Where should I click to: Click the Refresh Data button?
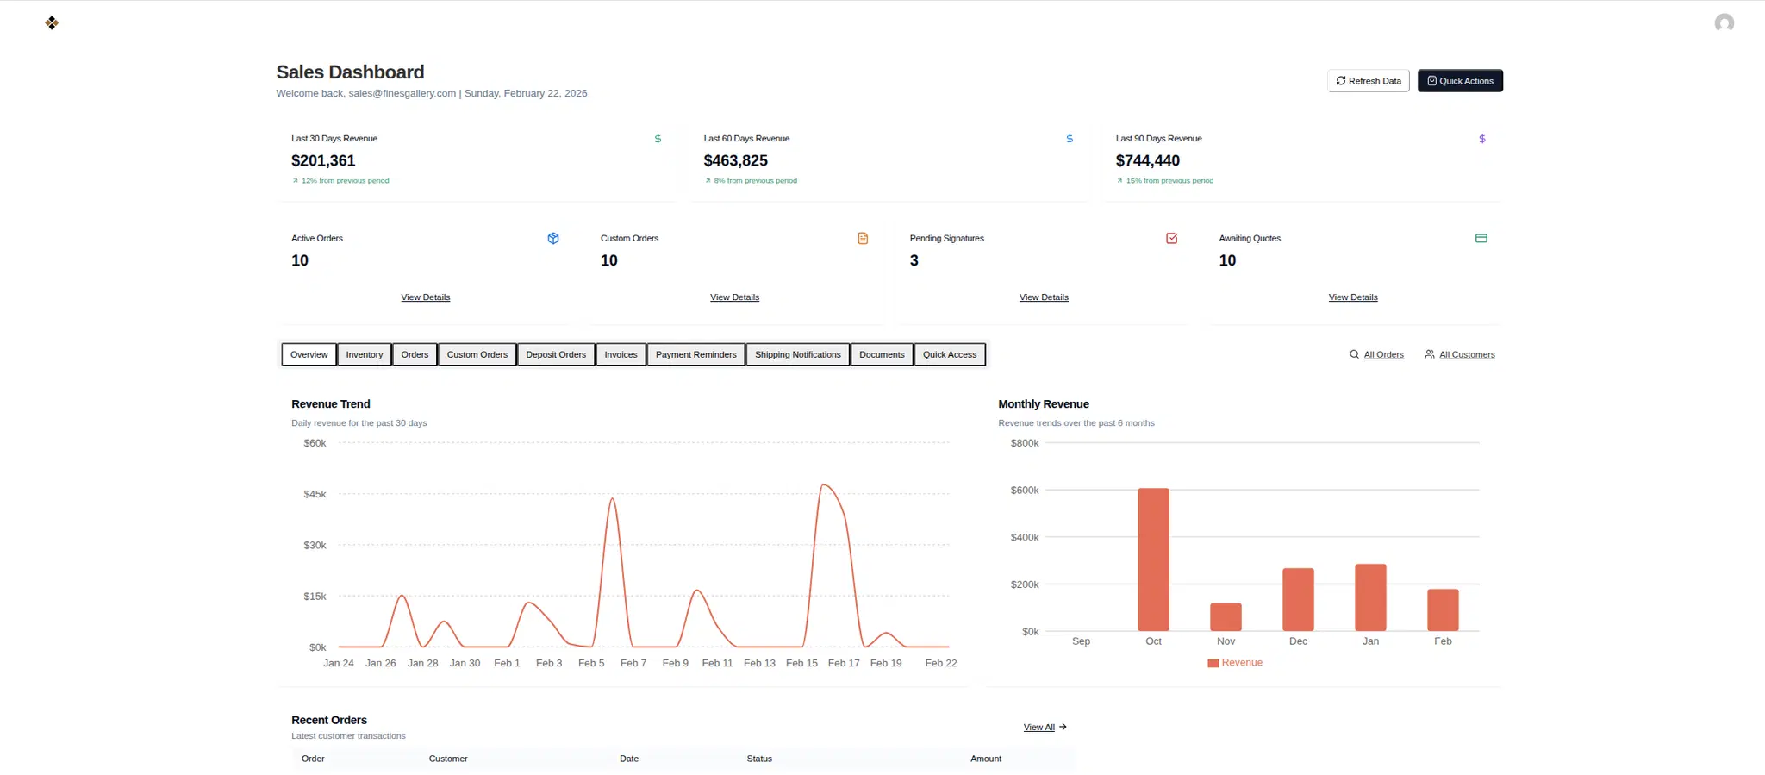coord(1368,81)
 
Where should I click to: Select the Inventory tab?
coord(364,354)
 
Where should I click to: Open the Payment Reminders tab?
coord(695,354)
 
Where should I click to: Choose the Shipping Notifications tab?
coord(797,354)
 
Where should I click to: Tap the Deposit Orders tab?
coord(555,354)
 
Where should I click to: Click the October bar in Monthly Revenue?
coord(1153,560)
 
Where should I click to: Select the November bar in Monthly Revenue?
coord(1226,617)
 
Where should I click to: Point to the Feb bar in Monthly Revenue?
coord(1443,610)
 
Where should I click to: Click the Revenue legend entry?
coord(1235,663)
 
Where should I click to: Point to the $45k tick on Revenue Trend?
coord(315,494)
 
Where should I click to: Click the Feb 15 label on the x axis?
coord(801,663)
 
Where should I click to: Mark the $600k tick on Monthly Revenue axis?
coord(1025,490)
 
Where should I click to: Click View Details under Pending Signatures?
coord(1044,297)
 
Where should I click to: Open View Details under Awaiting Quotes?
coord(1352,297)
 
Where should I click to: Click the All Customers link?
coord(1466,354)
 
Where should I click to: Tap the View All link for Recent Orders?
coord(1039,728)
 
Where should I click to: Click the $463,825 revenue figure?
coord(735,160)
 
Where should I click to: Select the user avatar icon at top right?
coord(1724,23)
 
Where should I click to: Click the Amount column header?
coord(985,759)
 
